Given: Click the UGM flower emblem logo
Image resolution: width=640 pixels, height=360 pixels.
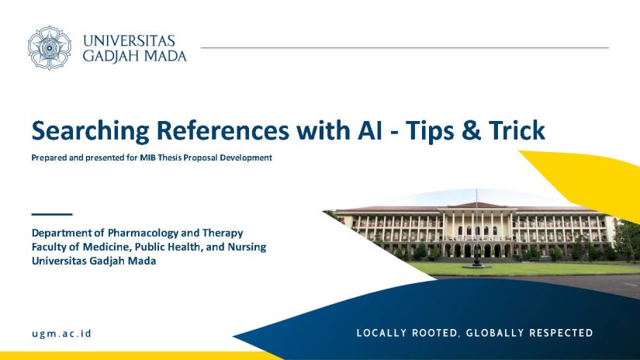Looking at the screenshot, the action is (50, 48).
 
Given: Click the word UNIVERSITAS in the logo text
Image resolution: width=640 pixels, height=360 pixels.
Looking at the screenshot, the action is (129, 41).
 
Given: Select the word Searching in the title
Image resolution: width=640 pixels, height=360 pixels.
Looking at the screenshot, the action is (91, 131).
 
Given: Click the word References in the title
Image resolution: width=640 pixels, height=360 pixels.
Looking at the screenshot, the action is (223, 130).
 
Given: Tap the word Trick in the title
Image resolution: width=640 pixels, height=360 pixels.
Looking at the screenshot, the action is (517, 130).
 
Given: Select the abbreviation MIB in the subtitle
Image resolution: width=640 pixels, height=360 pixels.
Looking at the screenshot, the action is (147, 157).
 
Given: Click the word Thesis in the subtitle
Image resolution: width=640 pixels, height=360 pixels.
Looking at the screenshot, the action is (170, 157).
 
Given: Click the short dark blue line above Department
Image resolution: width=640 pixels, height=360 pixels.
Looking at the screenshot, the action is (52, 214).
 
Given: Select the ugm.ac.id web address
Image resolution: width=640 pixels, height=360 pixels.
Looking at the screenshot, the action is (61, 334).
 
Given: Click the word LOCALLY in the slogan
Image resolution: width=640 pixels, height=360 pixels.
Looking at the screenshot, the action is (382, 333).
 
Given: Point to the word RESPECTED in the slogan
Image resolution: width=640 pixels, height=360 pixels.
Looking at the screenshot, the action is (561, 333).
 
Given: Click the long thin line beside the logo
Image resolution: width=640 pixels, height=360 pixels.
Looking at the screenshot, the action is (405, 48).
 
